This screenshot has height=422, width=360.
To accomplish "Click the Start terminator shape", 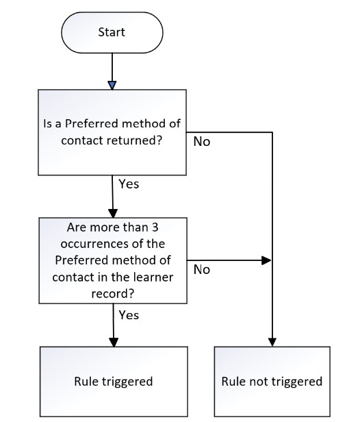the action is click(112, 32).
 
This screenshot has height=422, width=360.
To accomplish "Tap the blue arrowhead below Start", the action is click(112, 86).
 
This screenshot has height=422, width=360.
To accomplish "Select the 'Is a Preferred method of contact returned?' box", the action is click(112, 132).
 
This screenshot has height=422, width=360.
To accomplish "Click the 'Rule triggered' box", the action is click(114, 382).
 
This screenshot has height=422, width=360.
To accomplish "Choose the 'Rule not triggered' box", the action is click(272, 382).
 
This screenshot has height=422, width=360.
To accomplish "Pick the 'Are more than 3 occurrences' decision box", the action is click(113, 260).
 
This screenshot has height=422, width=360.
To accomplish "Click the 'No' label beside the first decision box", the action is click(202, 142).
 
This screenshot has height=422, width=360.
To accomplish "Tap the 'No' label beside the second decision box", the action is click(202, 269).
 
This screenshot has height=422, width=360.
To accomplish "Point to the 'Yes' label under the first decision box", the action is click(129, 184).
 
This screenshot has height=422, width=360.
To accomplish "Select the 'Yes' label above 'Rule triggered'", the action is click(129, 315).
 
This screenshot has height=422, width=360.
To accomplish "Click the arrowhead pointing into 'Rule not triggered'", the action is click(272, 342).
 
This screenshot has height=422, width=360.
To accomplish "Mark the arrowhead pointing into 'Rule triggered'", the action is click(114, 342).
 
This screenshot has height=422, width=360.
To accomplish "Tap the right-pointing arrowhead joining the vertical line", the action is click(266, 260).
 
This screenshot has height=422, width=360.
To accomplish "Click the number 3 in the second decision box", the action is click(155, 227).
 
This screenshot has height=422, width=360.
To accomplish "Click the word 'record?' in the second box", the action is click(113, 293).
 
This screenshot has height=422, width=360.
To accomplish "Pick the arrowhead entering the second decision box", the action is click(113, 214).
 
